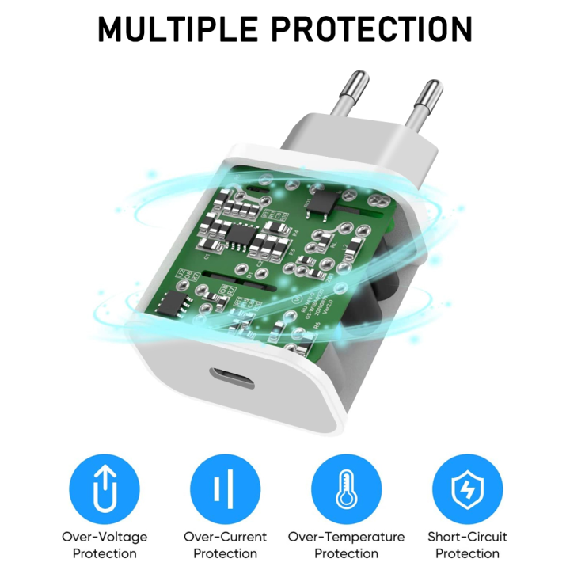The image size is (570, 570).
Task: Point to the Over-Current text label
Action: (225, 537)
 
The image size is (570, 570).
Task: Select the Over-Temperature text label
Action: (346, 537)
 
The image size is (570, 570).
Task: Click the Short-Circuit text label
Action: (467, 537)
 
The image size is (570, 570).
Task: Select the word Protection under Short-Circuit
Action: (467, 553)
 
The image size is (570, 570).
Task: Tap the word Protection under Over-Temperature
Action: (346, 553)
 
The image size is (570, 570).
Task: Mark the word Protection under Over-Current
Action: (225, 553)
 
